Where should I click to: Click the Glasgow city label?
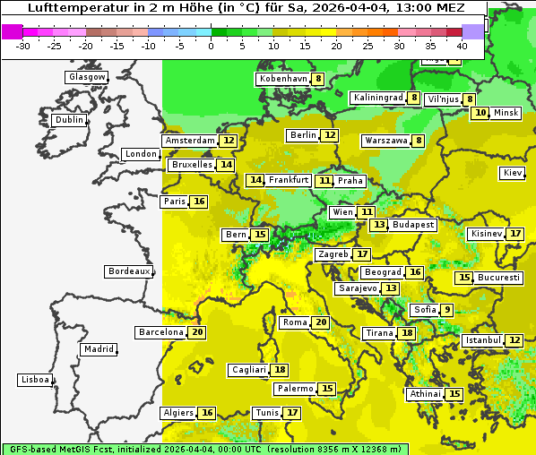click(86, 77)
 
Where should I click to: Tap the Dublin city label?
click(68, 120)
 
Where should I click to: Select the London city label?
click(141, 154)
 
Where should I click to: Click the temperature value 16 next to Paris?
click(199, 202)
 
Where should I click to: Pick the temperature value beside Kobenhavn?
click(318, 79)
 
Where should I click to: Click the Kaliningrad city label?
click(376, 98)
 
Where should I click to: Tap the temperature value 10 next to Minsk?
click(481, 113)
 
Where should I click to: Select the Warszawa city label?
click(385, 141)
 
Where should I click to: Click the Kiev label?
click(513, 173)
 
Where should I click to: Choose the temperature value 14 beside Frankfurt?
click(256, 180)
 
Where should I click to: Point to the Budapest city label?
click(413, 225)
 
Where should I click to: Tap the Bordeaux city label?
click(128, 271)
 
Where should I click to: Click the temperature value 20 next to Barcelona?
click(198, 332)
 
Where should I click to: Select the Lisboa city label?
click(34, 380)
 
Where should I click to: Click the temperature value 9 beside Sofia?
click(447, 310)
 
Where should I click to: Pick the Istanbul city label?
click(483, 341)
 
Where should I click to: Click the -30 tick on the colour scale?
click(23, 46)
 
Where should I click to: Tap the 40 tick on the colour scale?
click(462, 46)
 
